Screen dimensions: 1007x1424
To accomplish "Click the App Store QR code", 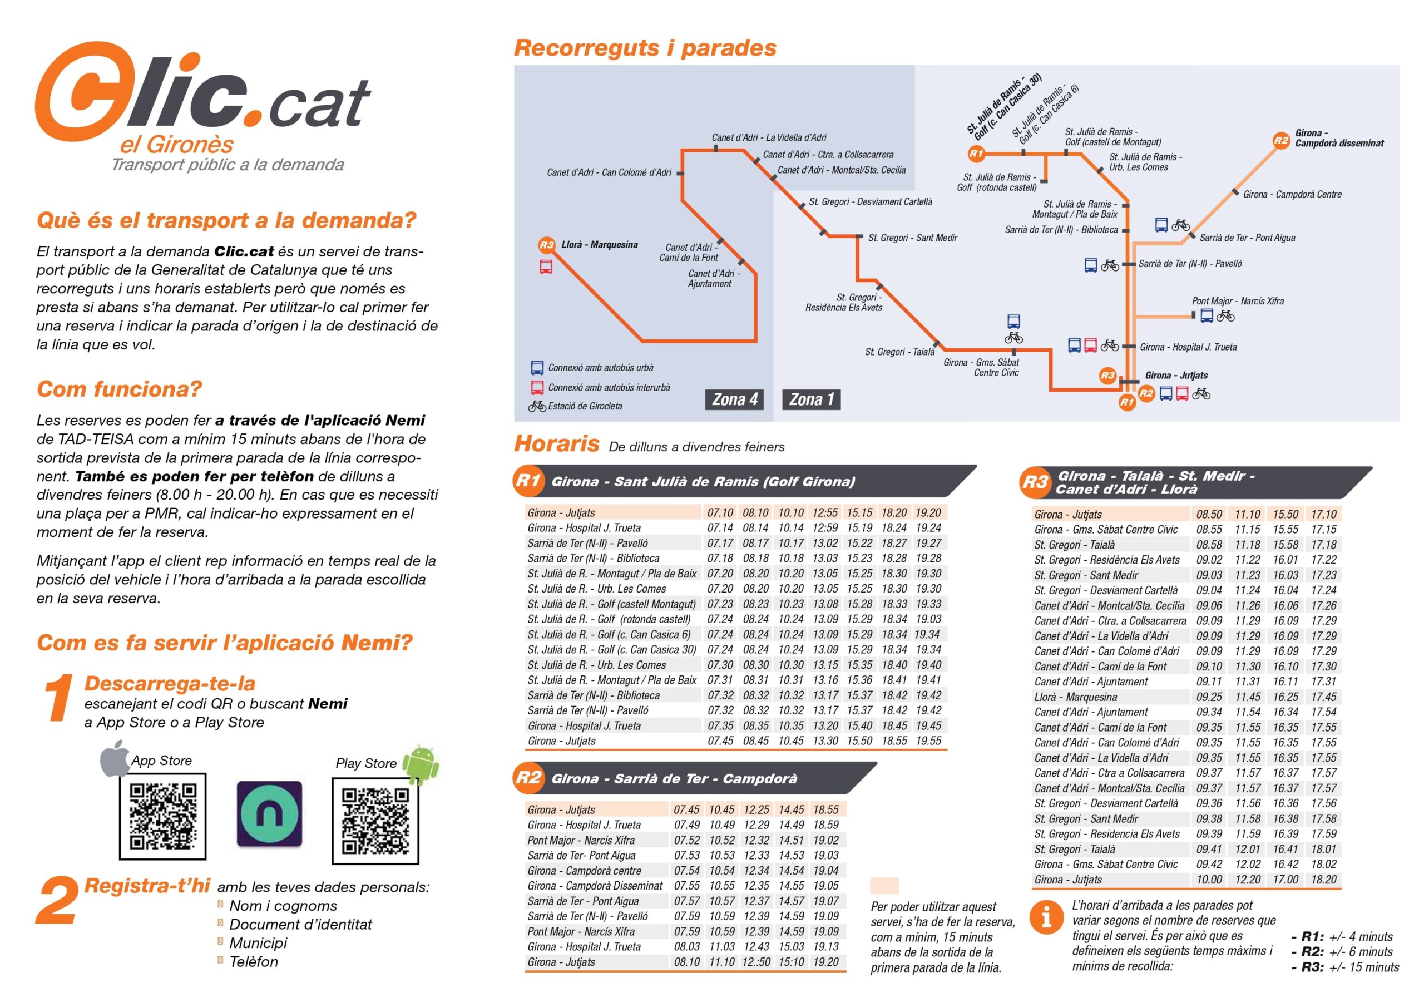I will (x=162, y=816).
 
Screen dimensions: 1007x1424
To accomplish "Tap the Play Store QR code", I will (x=375, y=820).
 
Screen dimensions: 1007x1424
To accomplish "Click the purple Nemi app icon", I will (x=269, y=814).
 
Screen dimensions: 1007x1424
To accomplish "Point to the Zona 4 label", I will (x=734, y=399).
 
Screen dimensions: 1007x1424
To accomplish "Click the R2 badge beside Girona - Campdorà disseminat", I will (x=1282, y=140).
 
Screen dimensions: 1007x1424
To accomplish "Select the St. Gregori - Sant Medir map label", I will (x=912, y=238).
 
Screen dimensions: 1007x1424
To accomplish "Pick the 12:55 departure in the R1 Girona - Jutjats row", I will (x=825, y=513).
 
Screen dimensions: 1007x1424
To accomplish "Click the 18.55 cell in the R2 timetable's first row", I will (x=825, y=809).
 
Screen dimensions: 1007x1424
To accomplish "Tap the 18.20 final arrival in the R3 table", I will (x=1323, y=879).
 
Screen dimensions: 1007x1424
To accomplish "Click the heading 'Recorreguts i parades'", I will (x=645, y=48).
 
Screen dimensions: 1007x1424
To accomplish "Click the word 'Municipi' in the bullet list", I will (x=258, y=943).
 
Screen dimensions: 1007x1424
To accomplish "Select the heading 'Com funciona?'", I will (x=120, y=389).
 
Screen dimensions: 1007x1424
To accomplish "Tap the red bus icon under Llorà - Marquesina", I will (x=546, y=268).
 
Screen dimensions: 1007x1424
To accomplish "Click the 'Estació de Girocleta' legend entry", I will (x=584, y=406).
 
